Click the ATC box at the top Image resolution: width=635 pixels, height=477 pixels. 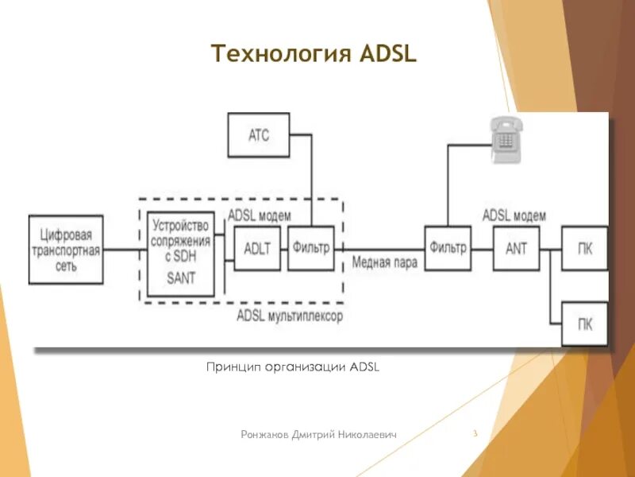click(259, 134)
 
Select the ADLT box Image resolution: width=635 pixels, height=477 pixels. click(257, 248)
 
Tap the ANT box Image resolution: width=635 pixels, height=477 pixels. click(516, 248)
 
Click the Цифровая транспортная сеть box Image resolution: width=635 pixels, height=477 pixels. click(67, 250)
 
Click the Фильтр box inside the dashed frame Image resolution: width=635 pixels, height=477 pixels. click(310, 248)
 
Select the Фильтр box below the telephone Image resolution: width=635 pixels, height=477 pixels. click(448, 248)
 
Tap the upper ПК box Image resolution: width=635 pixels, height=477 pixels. click(584, 248)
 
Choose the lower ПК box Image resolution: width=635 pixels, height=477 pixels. click(584, 324)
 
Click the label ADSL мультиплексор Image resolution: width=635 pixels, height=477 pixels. click(290, 316)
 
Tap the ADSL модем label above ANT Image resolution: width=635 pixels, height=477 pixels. click(514, 215)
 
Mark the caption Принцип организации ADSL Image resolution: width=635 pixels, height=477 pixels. click(293, 366)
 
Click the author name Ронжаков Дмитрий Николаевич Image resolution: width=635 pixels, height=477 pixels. click(319, 434)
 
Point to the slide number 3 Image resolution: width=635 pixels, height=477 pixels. click(474, 433)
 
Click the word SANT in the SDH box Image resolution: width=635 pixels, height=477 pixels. click(181, 278)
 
